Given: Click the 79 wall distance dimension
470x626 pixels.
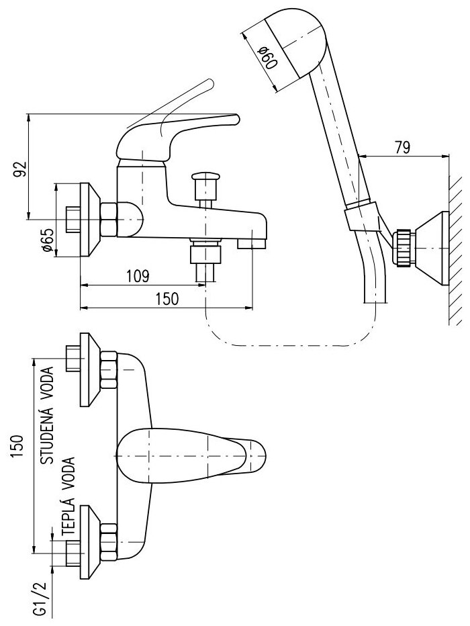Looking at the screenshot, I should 402,148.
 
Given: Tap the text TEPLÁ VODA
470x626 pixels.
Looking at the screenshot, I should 69,498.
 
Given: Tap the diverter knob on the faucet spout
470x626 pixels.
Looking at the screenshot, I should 205,180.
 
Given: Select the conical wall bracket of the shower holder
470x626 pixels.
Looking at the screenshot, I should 430,245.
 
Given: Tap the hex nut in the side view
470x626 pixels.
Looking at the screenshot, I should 109,219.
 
